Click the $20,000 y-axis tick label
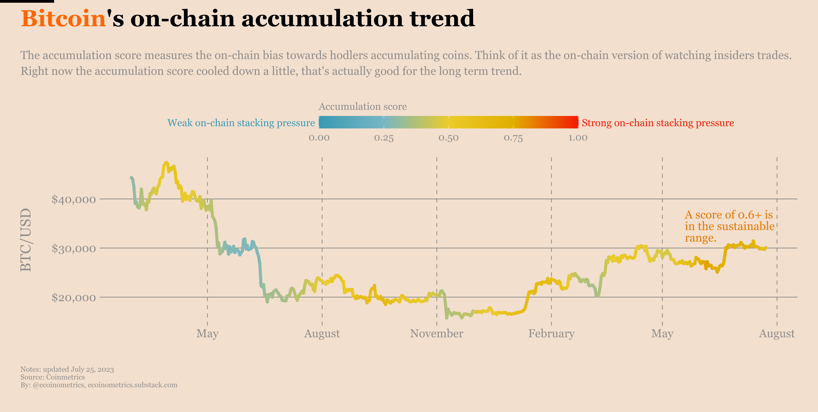pyautogui.click(x=73, y=298)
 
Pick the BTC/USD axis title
pyautogui.click(x=26, y=240)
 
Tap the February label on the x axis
pyautogui.click(x=551, y=334)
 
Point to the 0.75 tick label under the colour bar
pyautogui.click(x=513, y=138)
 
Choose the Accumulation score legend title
pyautogui.click(x=363, y=106)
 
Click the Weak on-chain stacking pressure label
pyautogui.click(x=241, y=123)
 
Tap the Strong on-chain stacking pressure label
pyautogui.click(x=658, y=123)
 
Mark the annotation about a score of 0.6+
pyautogui.click(x=729, y=226)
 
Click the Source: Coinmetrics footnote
pyautogui.click(x=53, y=377)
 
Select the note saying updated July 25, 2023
pyautogui.click(x=67, y=369)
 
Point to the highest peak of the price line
pyautogui.click(x=166, y=162)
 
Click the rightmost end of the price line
pyautogui.click(x=766, y=248)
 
